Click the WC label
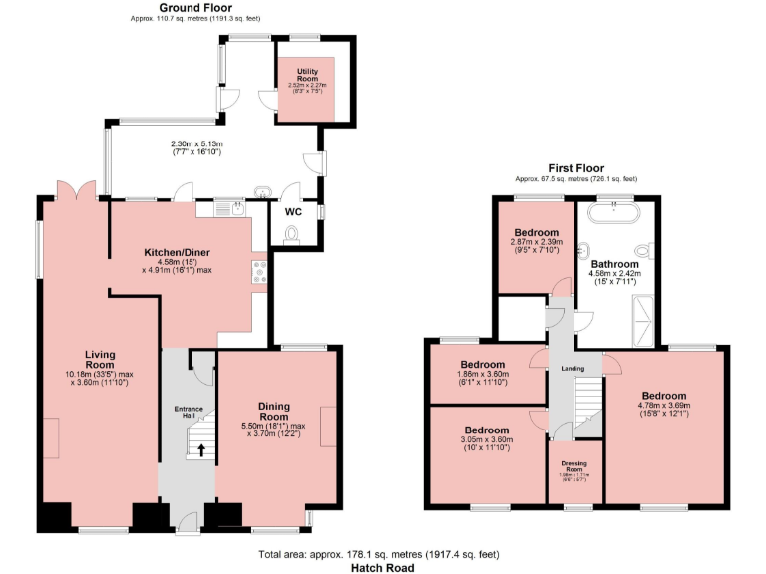pyautogui.click(x=293, y=212)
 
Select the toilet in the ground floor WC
pyautogui.click(x=291, y=234)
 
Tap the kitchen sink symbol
pyautogui.click(x=237, y=207)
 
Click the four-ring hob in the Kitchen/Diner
pyautogui.click(x=259, y=271)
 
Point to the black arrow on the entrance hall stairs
pyautogui.click(x=203, y=450)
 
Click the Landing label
pyautogui.click(x=574, y=369)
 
